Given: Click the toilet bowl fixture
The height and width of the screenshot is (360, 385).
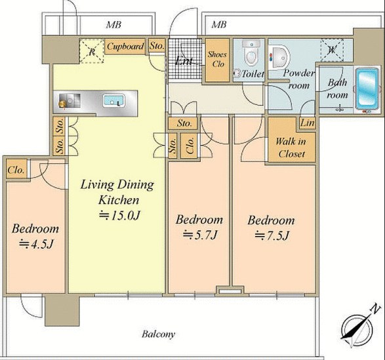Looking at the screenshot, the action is tap(251, 53).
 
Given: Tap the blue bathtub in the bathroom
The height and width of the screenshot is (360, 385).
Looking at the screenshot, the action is tap(367, 89).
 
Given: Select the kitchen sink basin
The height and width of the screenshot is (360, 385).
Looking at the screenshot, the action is tap(113, 101).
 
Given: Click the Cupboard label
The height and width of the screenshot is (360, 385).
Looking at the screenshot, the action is tap(125, 46).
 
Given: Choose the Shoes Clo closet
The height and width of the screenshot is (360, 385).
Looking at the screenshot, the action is tap(217, 60).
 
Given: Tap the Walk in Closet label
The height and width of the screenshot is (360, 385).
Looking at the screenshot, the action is tap(291, 148).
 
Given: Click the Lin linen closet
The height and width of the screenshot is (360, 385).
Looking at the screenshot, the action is tap(308, 123).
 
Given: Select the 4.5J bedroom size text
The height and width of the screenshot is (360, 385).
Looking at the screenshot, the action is tap(36, 244).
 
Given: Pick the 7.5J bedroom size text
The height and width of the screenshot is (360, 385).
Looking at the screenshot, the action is tap(272, 235).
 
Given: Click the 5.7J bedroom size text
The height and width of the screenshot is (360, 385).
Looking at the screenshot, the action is tap(199, 235).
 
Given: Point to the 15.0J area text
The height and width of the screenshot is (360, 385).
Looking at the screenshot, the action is tap(119, 215).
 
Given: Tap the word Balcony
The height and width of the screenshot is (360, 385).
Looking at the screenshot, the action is tap(158, 334).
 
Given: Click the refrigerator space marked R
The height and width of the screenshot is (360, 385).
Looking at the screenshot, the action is tap(92, 51).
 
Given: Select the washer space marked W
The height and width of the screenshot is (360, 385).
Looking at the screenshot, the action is tap(332, 50).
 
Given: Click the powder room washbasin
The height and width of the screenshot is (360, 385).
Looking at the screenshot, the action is tap(279, 58).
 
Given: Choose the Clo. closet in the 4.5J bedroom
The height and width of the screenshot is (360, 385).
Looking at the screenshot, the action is tap(16, 170).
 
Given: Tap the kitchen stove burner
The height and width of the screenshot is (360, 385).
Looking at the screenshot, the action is tap(62, 103).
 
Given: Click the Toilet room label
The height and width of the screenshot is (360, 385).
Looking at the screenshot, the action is tap(253, 73).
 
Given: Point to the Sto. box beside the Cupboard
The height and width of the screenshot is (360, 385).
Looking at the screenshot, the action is tap(157, 45).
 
